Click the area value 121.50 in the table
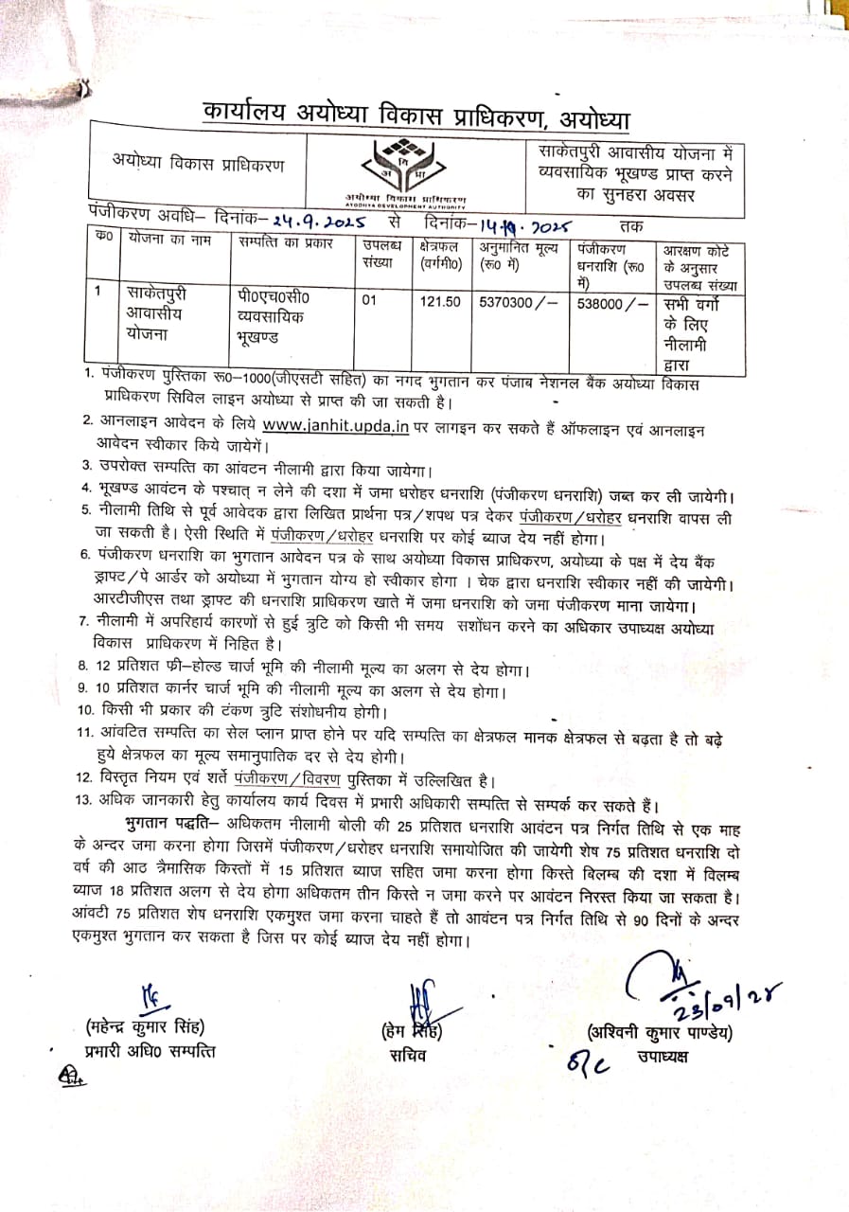(440, 301)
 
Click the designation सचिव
(407, 1055)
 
